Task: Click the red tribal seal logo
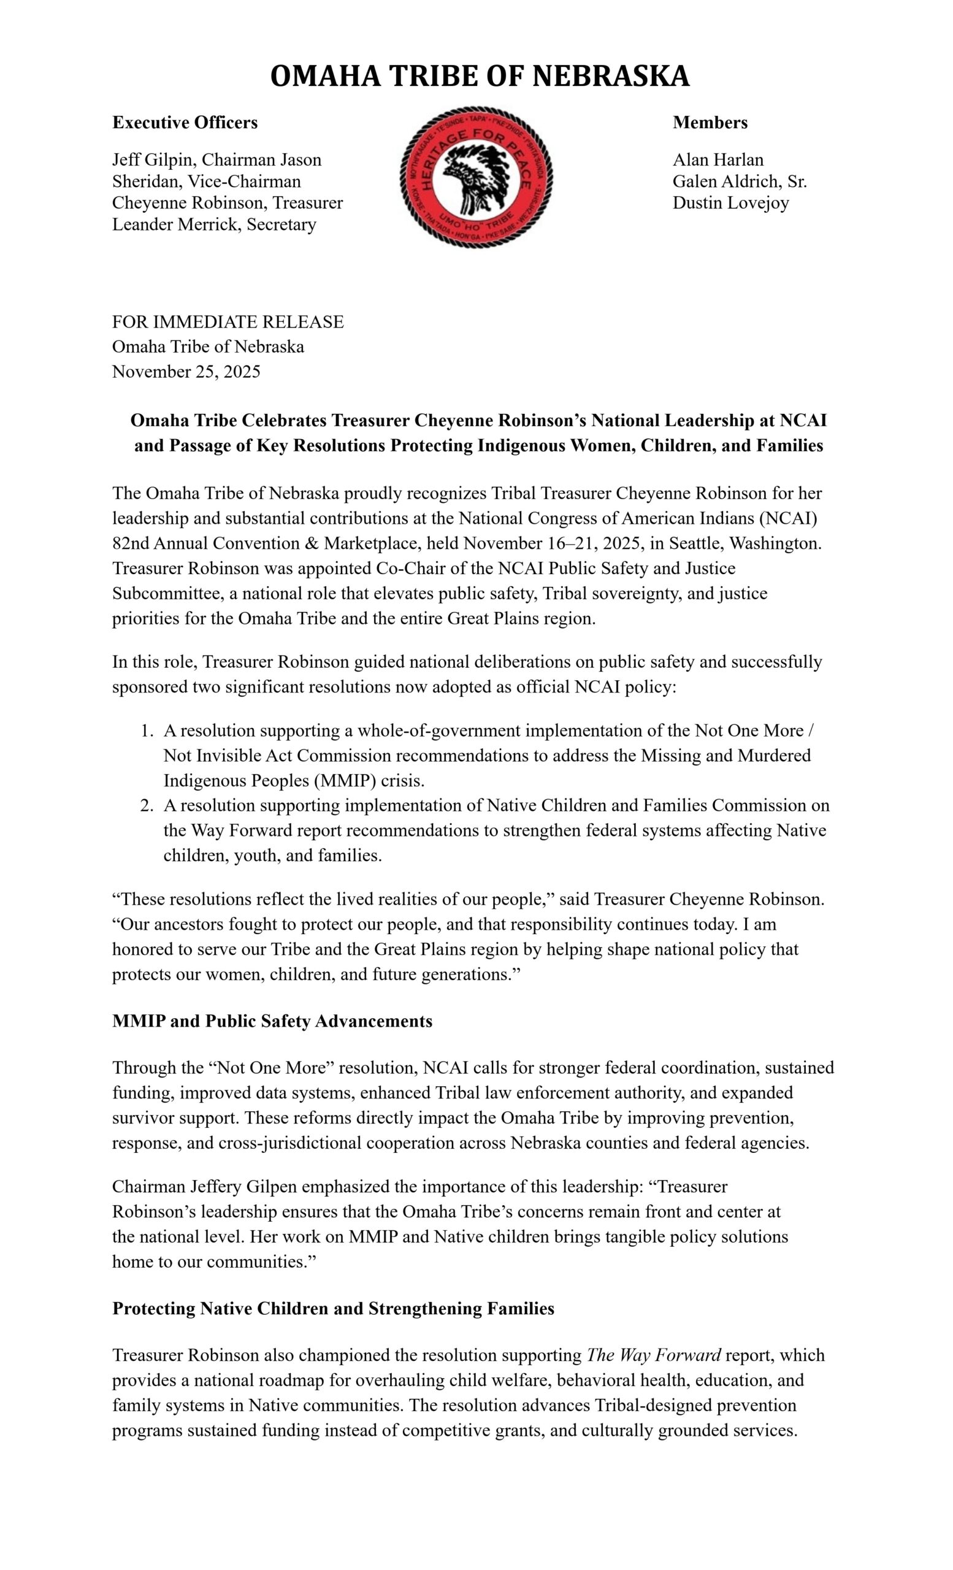(x=476, y=177)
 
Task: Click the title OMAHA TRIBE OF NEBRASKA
(x=480, y=76)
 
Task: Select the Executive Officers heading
(x=185, y=122)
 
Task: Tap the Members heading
(x=710, y=122)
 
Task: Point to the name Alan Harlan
(x=718, y=159)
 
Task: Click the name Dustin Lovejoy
(x=730, y=202)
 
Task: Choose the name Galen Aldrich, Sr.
(x=739, y=181)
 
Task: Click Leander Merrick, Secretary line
(x=214, y=224)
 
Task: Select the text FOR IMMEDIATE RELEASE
(x=228, y=322)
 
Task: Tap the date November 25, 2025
(x=186, y=372)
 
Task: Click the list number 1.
(x=147, y=731)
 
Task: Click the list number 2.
(x=147, y=806)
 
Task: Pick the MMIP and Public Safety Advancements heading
(x=272, y=1021)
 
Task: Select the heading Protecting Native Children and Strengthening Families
(x=332, y=1308)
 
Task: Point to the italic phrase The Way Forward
(x=653, y=1355)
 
